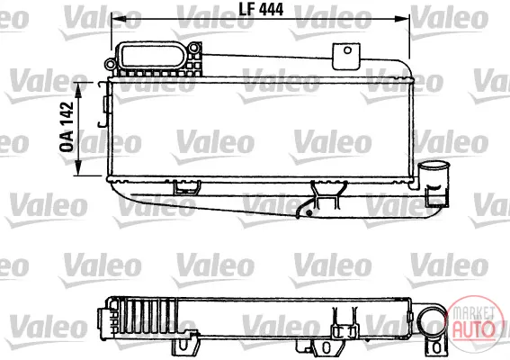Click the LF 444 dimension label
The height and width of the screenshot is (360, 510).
coord(261,9)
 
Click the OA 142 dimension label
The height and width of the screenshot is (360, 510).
coord(67,127)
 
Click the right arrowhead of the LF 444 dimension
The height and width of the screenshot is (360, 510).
coord(403,19)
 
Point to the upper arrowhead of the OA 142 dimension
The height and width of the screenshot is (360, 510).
coord(78,89)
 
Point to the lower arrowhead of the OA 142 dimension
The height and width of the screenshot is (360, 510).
coord(78,168)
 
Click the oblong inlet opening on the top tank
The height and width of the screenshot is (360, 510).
coord(153,57)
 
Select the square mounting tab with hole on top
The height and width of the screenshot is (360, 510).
coord(346,56)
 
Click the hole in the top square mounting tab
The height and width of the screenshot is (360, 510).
coord(348,50)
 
